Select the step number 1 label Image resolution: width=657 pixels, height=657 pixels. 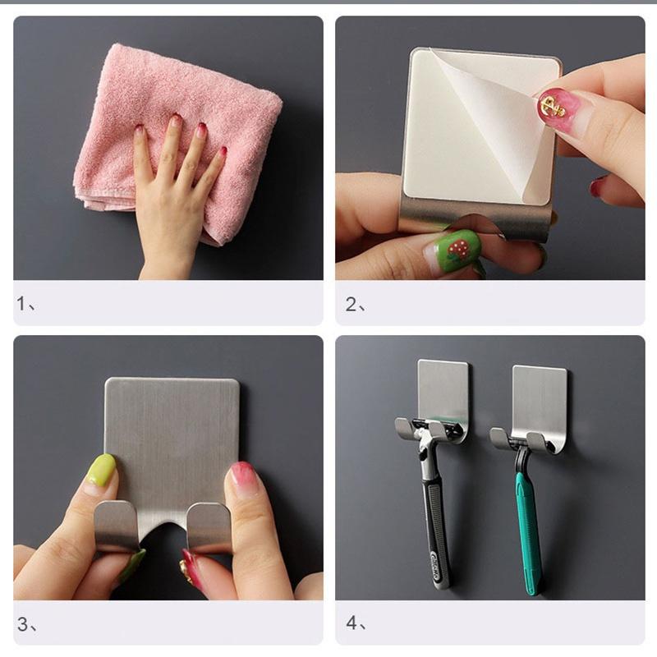coord(26,304)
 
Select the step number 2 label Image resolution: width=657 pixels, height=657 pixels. coord(356,305)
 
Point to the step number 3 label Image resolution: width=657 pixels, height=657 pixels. coord(27,625)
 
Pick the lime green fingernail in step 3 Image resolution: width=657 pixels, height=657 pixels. coord(102,469)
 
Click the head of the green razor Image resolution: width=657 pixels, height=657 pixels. coord(529,442)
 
